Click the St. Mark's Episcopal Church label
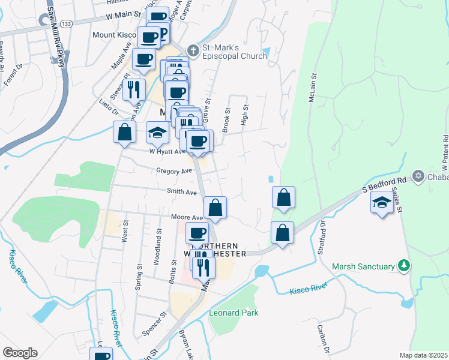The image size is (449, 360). [x=234, y=52]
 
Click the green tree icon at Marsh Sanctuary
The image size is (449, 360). [x=405, y=265]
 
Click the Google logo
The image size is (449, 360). [x=20, y=353]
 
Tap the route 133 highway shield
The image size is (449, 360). [x=66, y=23]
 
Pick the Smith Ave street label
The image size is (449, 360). [x=182, y=193]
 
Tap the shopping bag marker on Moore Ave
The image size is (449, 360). [x=215, y=208]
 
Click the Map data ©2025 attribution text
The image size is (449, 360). [x=424, y=355]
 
